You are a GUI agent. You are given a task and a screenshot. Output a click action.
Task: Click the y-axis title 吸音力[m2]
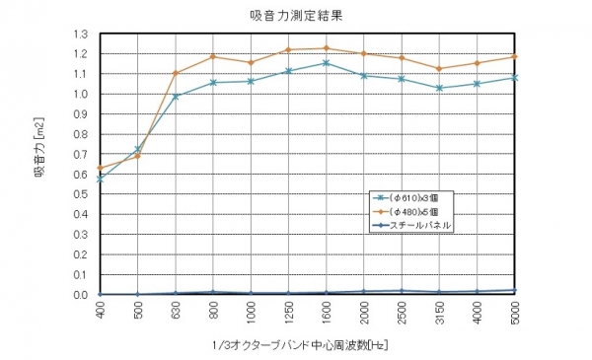(40, 162)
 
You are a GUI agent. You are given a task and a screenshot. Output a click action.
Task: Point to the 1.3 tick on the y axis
(80, 34)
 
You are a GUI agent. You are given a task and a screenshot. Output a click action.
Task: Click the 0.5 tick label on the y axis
(80, 194)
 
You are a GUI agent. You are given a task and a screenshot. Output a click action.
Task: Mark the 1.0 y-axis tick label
(80, 94)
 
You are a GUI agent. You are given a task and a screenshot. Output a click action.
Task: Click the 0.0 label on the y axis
(80, 295)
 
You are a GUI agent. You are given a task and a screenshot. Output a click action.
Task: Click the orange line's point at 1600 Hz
(326, 47)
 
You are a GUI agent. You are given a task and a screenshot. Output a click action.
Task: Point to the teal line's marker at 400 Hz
(100, 179)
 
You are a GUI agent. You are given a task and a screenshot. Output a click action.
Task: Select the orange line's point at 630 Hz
(175, 73)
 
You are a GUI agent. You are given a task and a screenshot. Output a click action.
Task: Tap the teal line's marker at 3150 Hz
(439, 88)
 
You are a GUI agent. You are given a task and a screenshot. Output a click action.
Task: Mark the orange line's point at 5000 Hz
(514, 56)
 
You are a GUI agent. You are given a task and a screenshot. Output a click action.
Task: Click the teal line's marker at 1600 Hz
(326, 63)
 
